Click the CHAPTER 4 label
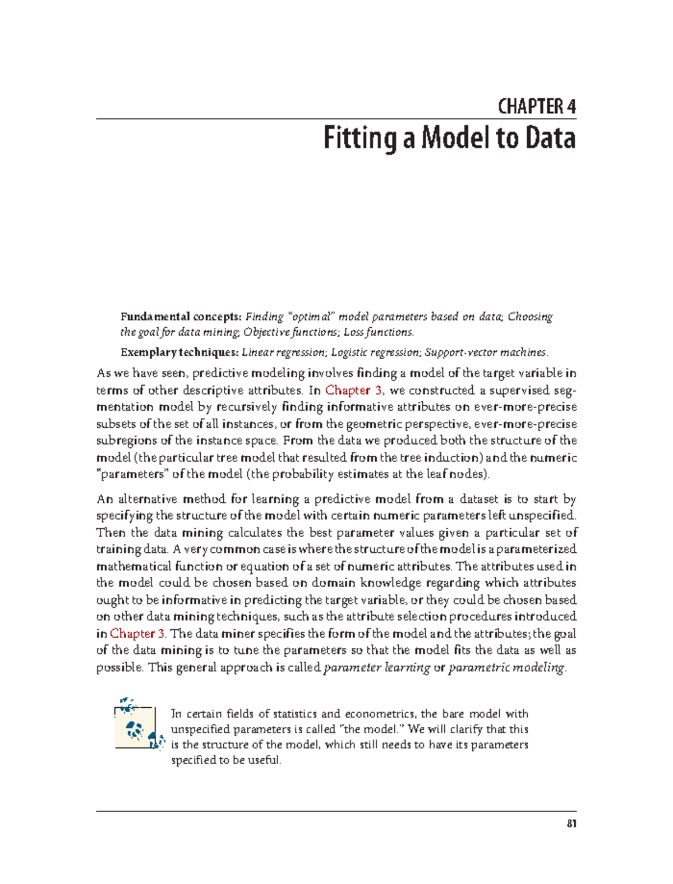coord(537,107)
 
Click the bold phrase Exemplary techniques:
coord(179,352)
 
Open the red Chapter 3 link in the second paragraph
coord(137,634)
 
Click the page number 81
coord(571,824)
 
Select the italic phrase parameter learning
coord(377,668)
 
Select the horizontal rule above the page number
coord(336,811)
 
